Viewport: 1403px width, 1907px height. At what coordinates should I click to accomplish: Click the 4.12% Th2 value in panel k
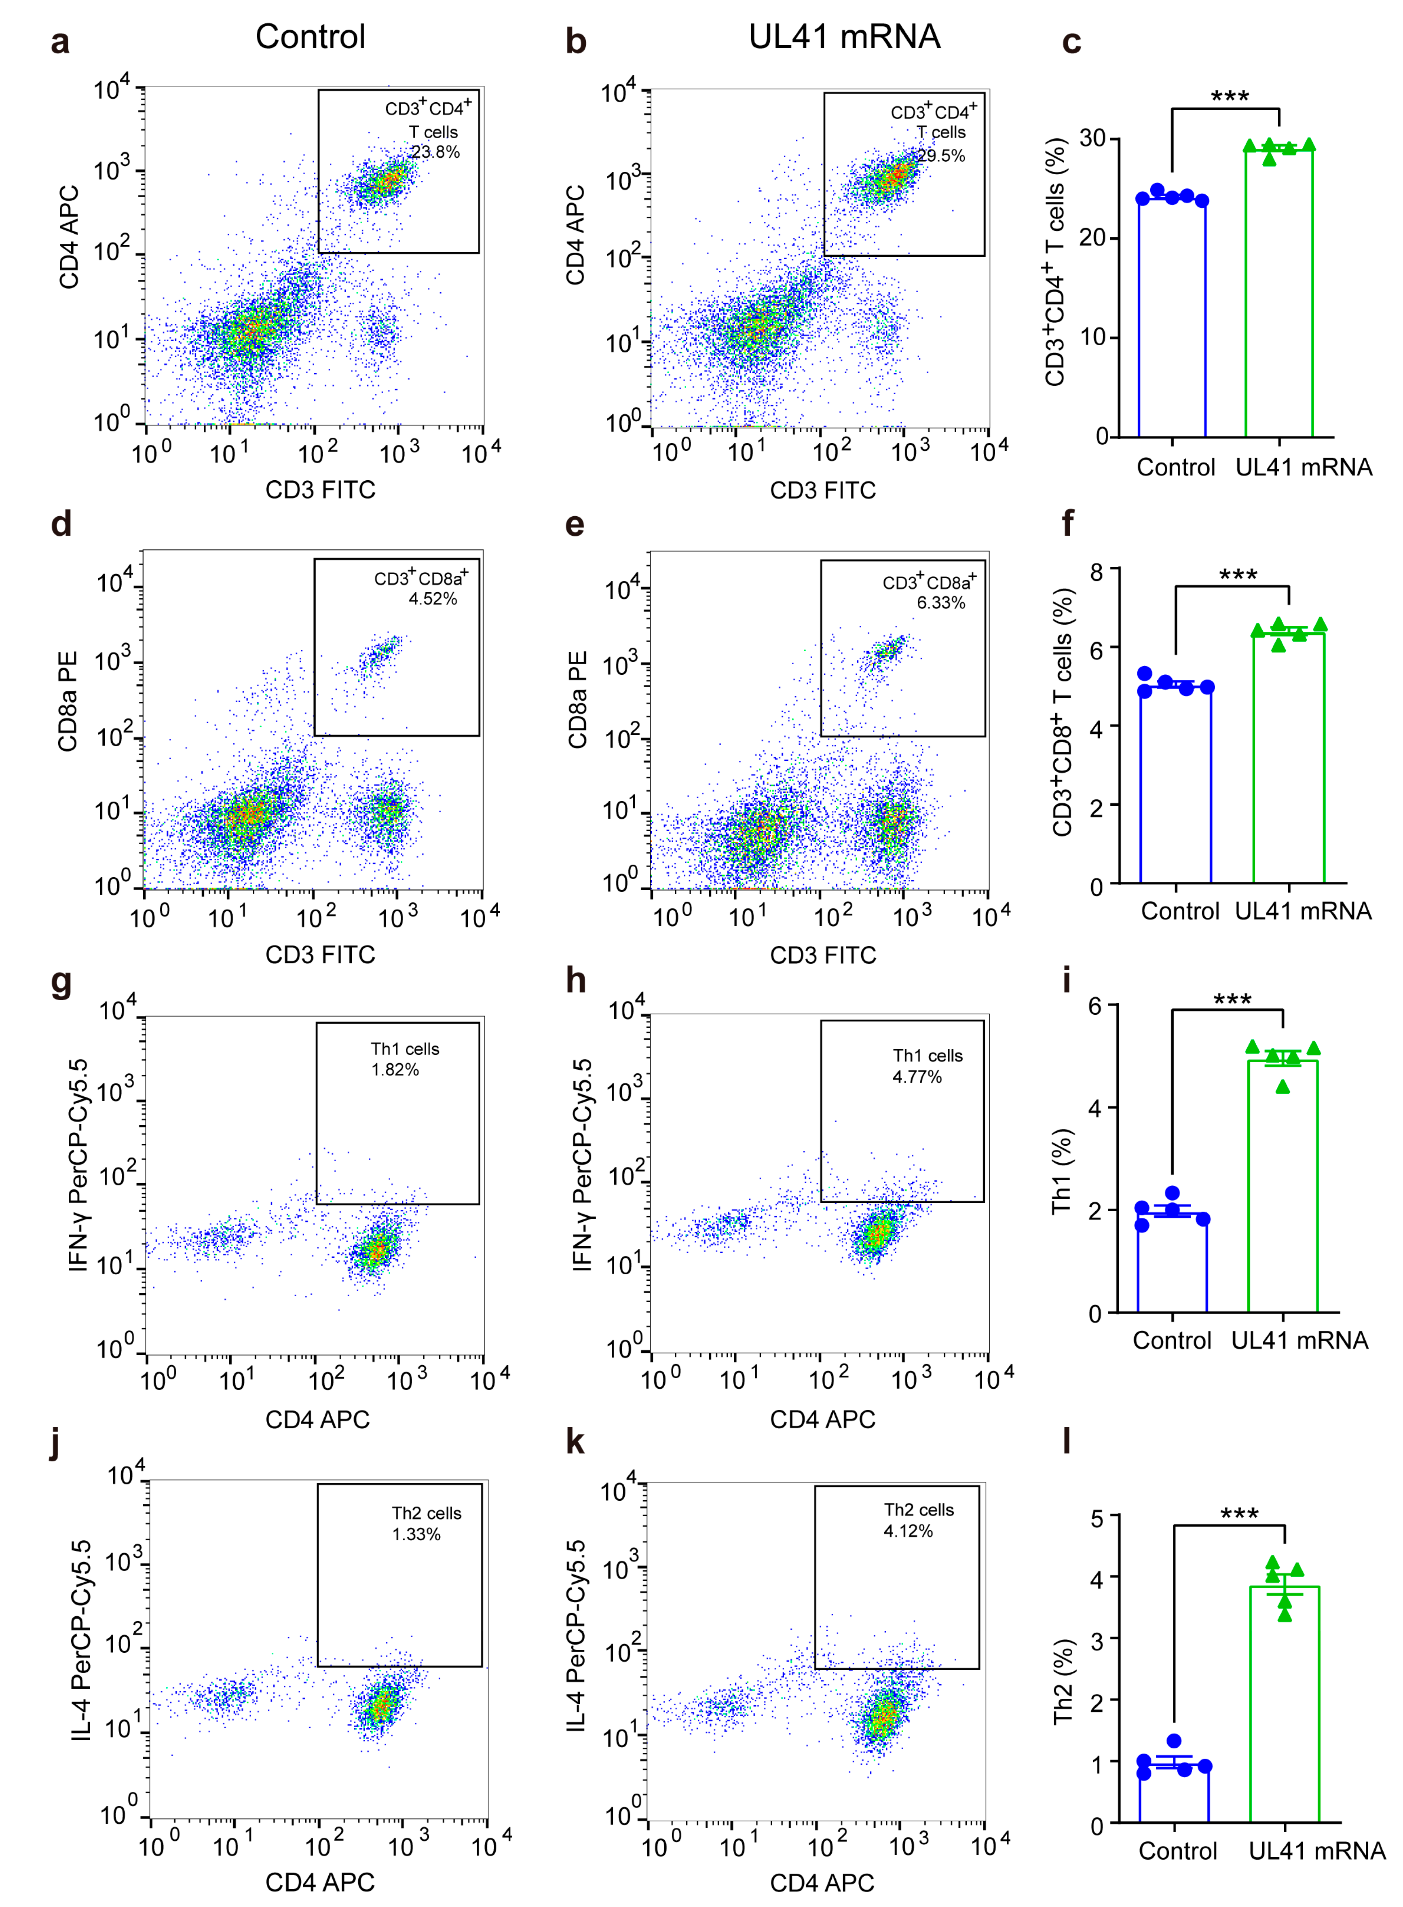[908, 1531]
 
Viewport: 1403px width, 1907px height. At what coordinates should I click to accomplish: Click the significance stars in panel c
[1229, 96]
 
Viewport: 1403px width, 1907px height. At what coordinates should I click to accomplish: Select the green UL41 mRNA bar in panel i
[1283, 1189]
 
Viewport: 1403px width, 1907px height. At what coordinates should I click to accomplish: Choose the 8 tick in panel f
[1097, 572]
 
